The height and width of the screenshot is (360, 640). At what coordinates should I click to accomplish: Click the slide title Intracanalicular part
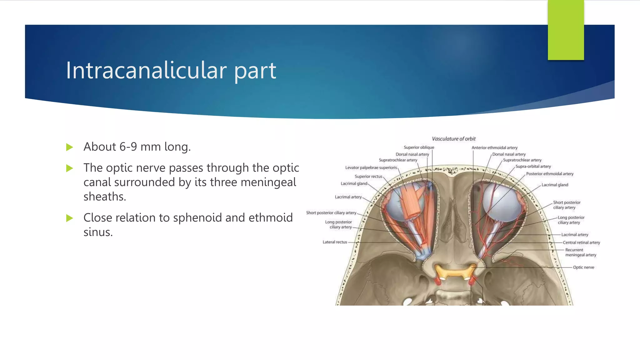[171, 70]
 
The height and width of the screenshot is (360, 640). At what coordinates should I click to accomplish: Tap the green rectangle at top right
[566, 30]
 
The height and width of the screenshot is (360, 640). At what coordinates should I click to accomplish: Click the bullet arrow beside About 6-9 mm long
[70, 147]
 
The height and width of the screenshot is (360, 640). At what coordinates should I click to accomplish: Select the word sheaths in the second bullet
[105, 197]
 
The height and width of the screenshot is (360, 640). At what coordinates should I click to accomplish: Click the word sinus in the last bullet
[98, 232]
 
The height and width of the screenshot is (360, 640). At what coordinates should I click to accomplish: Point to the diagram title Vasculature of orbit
[453, 139]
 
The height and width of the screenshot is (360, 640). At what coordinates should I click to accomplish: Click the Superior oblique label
[419, 147]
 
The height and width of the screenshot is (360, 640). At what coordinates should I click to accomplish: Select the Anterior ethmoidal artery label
[494, 148]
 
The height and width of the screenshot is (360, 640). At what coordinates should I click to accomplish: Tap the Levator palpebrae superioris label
[371, 168]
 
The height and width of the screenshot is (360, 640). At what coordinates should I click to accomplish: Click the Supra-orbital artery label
[533, 167]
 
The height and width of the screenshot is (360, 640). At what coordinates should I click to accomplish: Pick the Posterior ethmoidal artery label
[550, 174]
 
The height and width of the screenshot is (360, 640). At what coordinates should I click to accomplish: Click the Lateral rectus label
[335, 242]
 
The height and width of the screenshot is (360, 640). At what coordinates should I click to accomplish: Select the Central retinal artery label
[581, 242]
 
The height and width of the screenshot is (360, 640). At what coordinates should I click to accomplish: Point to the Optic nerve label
[583, 267]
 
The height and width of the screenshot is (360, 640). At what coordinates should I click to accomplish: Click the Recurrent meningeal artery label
[580, 252]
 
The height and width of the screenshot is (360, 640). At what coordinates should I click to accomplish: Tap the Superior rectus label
[368, 177]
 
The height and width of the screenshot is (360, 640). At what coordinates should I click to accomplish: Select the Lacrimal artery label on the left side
[348, 197]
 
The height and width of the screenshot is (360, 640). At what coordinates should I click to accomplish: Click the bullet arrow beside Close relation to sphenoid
[70, 218]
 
